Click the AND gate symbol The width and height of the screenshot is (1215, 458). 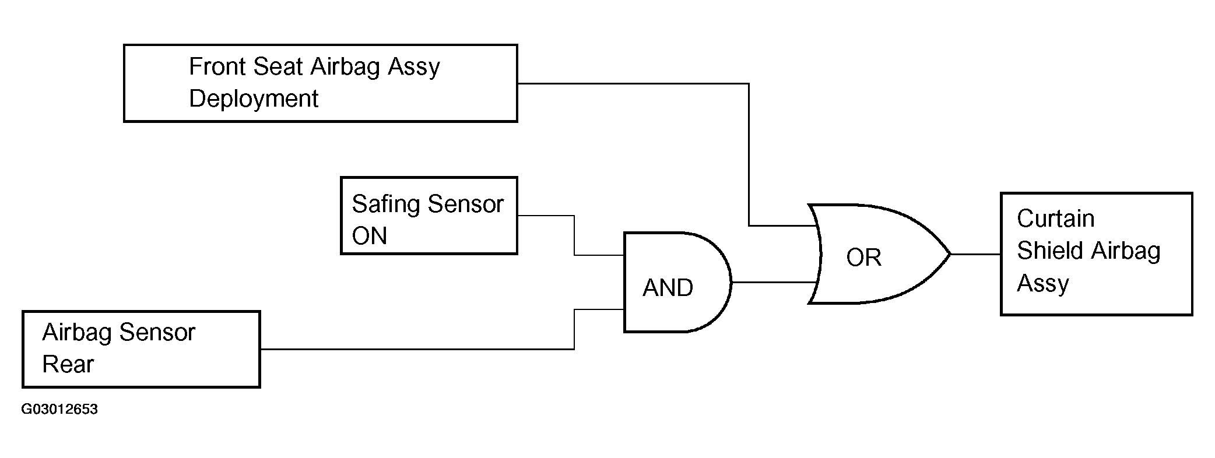677,282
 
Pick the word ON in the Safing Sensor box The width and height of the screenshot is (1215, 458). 370,236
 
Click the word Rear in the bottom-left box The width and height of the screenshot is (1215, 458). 68,364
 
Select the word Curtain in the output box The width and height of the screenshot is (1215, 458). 1055,219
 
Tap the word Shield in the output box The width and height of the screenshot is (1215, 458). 1050,251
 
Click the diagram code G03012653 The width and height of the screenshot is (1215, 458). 59,410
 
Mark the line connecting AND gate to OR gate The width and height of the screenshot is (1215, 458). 774,282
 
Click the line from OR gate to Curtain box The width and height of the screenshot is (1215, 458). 976,254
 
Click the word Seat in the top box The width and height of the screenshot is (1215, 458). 279,66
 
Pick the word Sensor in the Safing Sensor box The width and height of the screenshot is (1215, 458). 465,205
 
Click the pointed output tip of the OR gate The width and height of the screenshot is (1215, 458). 951,254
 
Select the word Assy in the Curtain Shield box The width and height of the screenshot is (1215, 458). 1042,284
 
